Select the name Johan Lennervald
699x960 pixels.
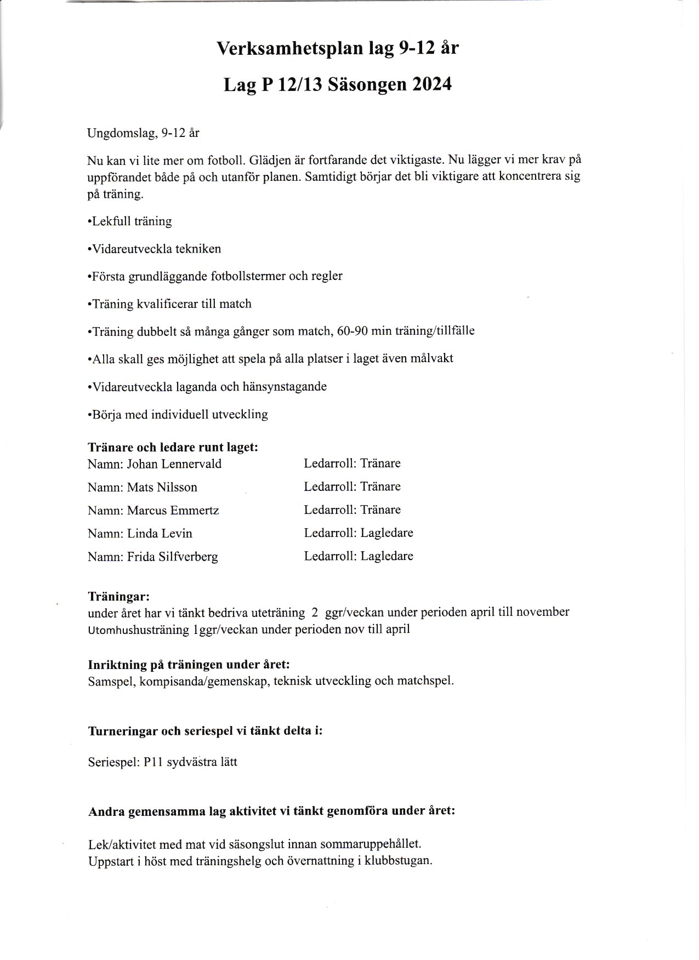point(174,464)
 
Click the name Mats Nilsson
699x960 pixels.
point(162,487)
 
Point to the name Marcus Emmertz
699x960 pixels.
point(173,511)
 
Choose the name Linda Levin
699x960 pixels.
point(160,534)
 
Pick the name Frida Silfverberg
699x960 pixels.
point(172,557)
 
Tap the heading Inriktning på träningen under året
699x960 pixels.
point(189,665)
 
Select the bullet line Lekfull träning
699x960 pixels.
point(130,221)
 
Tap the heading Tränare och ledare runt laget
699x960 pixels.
point(173,447)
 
